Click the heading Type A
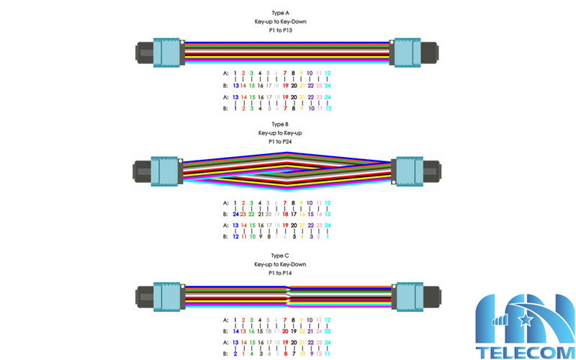click(280, 13)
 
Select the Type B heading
click(280, 125)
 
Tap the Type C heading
click(280, 256)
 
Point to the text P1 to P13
click(280, 31)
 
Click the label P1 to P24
click(280, 142)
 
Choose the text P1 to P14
click(280, 274)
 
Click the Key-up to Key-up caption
click(280, 133)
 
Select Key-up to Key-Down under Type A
click(280, 22)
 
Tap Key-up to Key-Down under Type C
click(280, 265)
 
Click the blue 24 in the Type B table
click(235, 214)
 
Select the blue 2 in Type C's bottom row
click(235, 354)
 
